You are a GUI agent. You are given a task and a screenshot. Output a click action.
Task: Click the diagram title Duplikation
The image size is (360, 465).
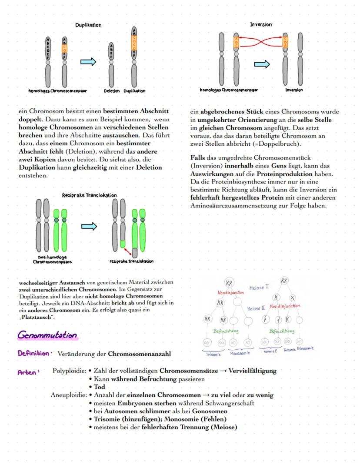point(88,25)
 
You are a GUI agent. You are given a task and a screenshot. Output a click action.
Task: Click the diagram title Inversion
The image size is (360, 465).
point(261,25)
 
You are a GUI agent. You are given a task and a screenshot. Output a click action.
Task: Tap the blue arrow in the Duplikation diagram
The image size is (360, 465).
point(88,62)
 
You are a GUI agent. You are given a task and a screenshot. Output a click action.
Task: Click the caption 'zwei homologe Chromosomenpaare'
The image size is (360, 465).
point(52,260)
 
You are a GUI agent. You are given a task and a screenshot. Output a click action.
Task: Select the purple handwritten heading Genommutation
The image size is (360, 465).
point(48,336)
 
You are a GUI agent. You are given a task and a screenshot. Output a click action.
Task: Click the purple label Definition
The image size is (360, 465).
point(35,354)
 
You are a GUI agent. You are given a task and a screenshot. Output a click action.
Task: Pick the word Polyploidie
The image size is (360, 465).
point(69,371)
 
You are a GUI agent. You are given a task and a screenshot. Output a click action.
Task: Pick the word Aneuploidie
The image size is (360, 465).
point(68,395)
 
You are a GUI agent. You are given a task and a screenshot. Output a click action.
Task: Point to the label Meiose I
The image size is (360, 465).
point(259,288)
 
